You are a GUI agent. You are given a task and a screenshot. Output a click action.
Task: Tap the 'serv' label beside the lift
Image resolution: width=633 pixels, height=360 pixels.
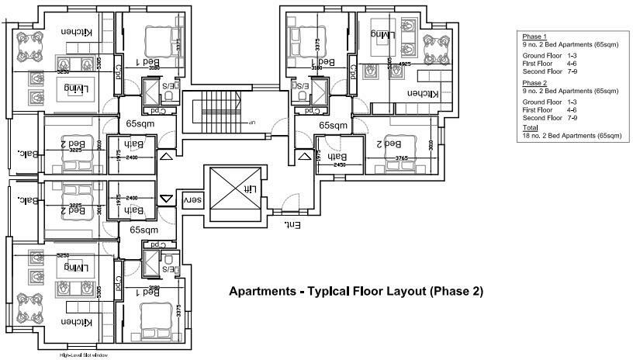tap(189, 199)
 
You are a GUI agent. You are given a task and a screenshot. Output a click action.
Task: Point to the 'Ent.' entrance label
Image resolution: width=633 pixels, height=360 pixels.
tap(291, 225)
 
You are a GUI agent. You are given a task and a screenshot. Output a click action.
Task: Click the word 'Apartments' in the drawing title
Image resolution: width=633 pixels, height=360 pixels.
tap(263, 292)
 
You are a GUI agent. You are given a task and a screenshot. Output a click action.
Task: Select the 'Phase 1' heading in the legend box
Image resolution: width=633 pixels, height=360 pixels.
tap(534, 37)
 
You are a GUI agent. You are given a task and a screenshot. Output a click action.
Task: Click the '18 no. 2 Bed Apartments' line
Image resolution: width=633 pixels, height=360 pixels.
tap(571, 136)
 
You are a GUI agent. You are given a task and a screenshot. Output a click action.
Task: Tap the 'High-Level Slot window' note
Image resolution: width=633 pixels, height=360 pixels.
tap(85, 355)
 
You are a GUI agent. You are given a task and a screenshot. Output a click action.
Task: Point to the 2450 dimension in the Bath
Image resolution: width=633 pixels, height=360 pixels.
tap(339, 165)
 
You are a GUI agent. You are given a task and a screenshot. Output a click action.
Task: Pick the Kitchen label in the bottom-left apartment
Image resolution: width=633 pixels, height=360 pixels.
tap(78, 321)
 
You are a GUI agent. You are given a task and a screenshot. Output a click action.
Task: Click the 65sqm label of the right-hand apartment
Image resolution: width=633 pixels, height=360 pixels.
tap(333, 125)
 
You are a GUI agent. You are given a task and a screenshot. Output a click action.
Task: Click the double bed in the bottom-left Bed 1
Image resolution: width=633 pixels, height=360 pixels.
tap(152, 318)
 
